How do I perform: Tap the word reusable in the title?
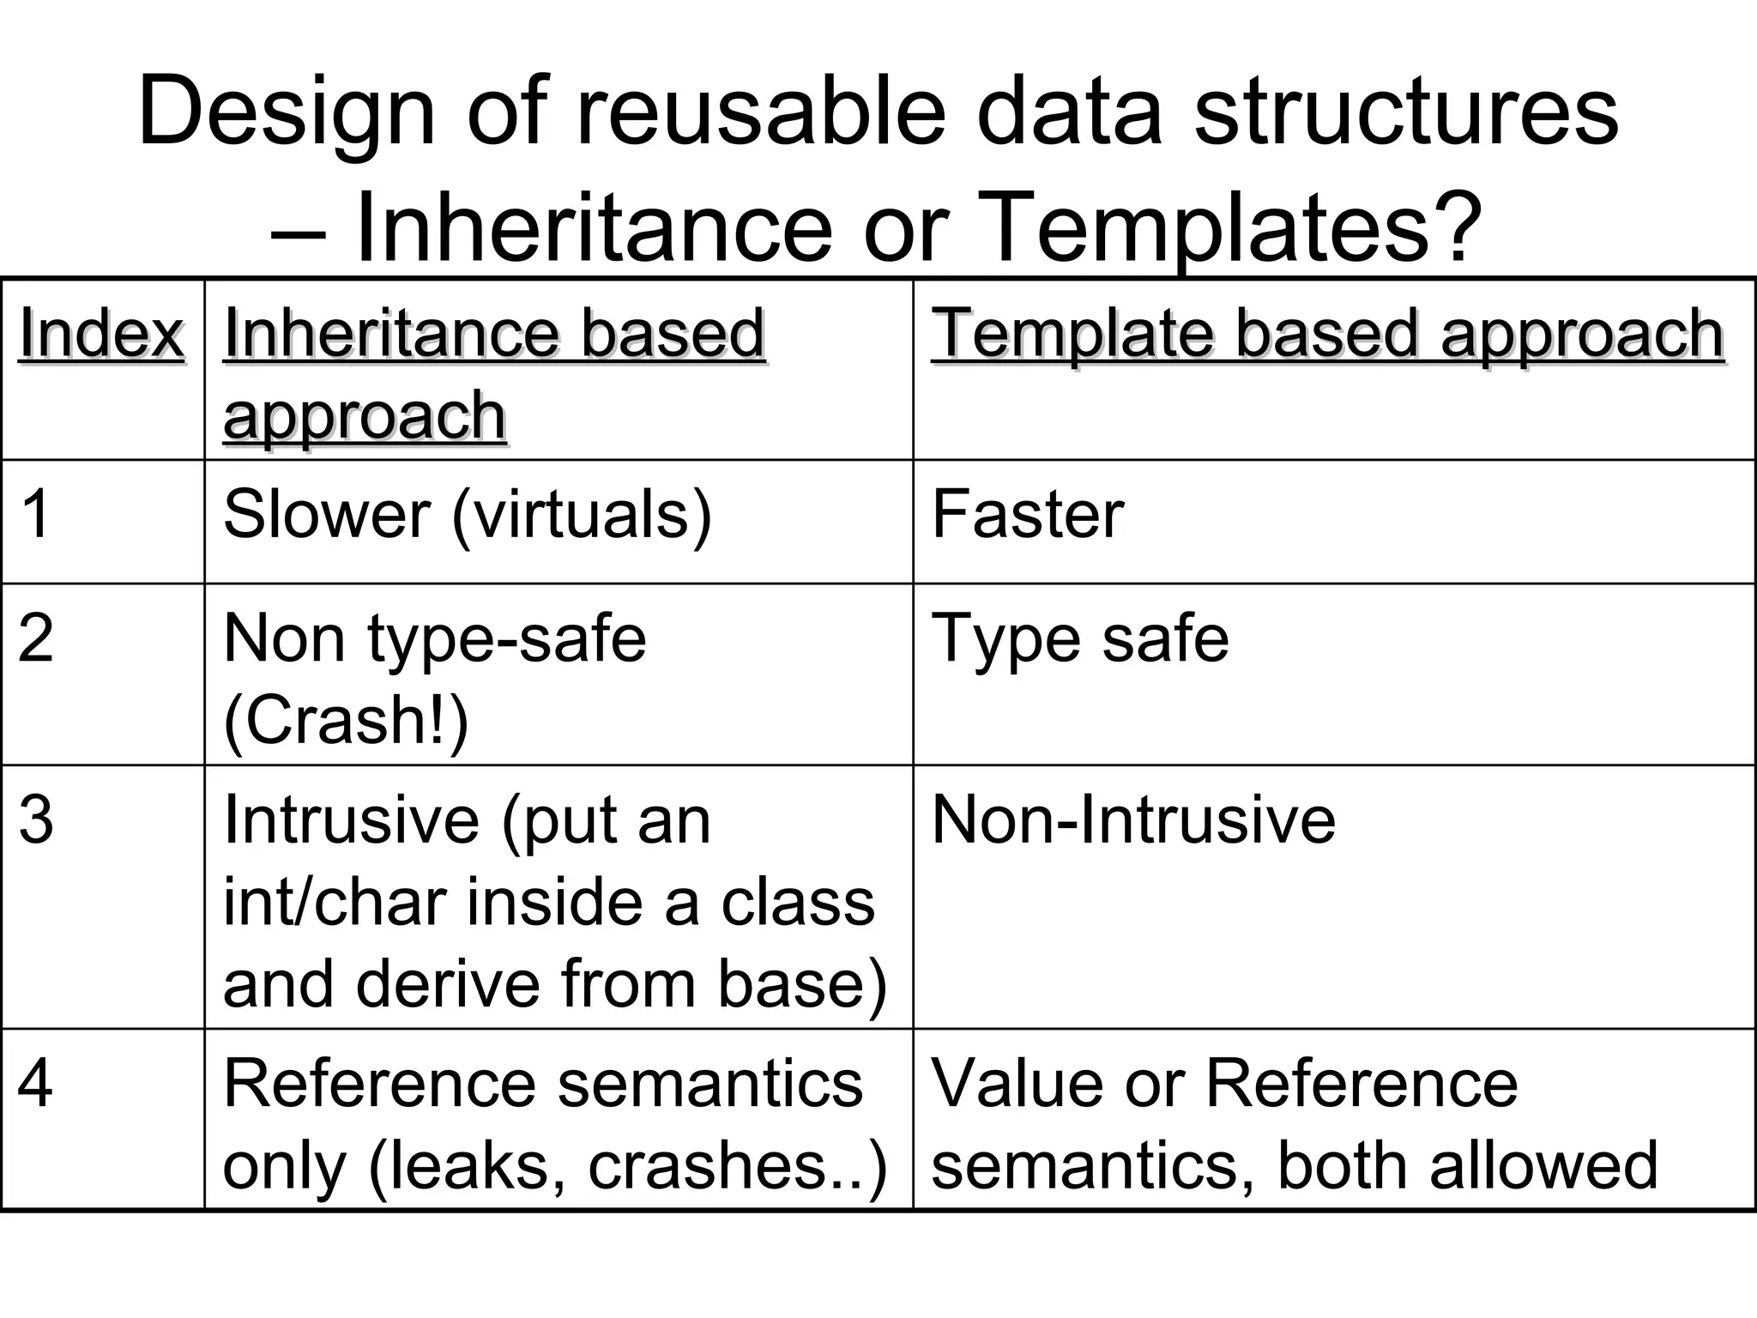(x=760, y=112)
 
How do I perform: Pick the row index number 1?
(x=35, y=514)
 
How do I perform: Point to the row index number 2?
(x=36, y=638)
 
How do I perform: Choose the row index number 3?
(x=36, y=819)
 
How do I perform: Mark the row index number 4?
(x=35, y=1084)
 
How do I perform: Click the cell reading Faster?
(x=1028, y=514)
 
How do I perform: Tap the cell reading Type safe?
(x=1080, y=638)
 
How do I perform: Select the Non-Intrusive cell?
(x=1133, y=819)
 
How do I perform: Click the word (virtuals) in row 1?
(x=582, y=514)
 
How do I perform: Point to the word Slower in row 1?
(x=327, y=514)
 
